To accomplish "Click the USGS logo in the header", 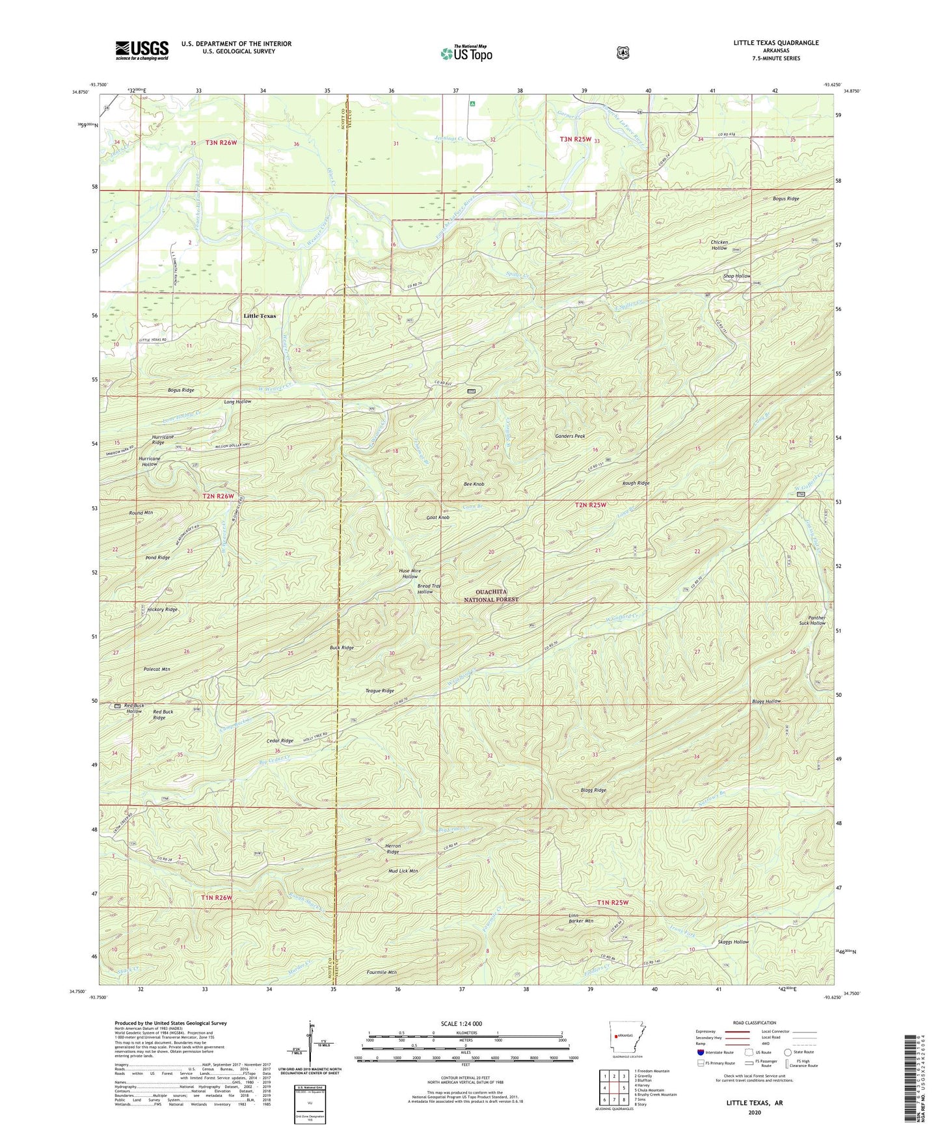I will coord(142,50).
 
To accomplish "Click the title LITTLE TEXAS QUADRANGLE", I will coord(775,43).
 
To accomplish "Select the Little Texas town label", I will coord(260,316).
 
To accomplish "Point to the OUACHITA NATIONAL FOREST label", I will coord(491,595).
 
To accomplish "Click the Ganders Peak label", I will coord(570,436).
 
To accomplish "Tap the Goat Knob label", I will coord(438,517).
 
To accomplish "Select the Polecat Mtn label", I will coord(156,669).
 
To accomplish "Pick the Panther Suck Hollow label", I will coord(812,620).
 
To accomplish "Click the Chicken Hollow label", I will coord(719,245).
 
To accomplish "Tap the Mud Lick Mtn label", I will coord(403,871).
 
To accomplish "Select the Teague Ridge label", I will coord(380,690).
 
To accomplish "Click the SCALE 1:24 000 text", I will coord(461,1023).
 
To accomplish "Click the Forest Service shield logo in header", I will coord(623,53).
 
